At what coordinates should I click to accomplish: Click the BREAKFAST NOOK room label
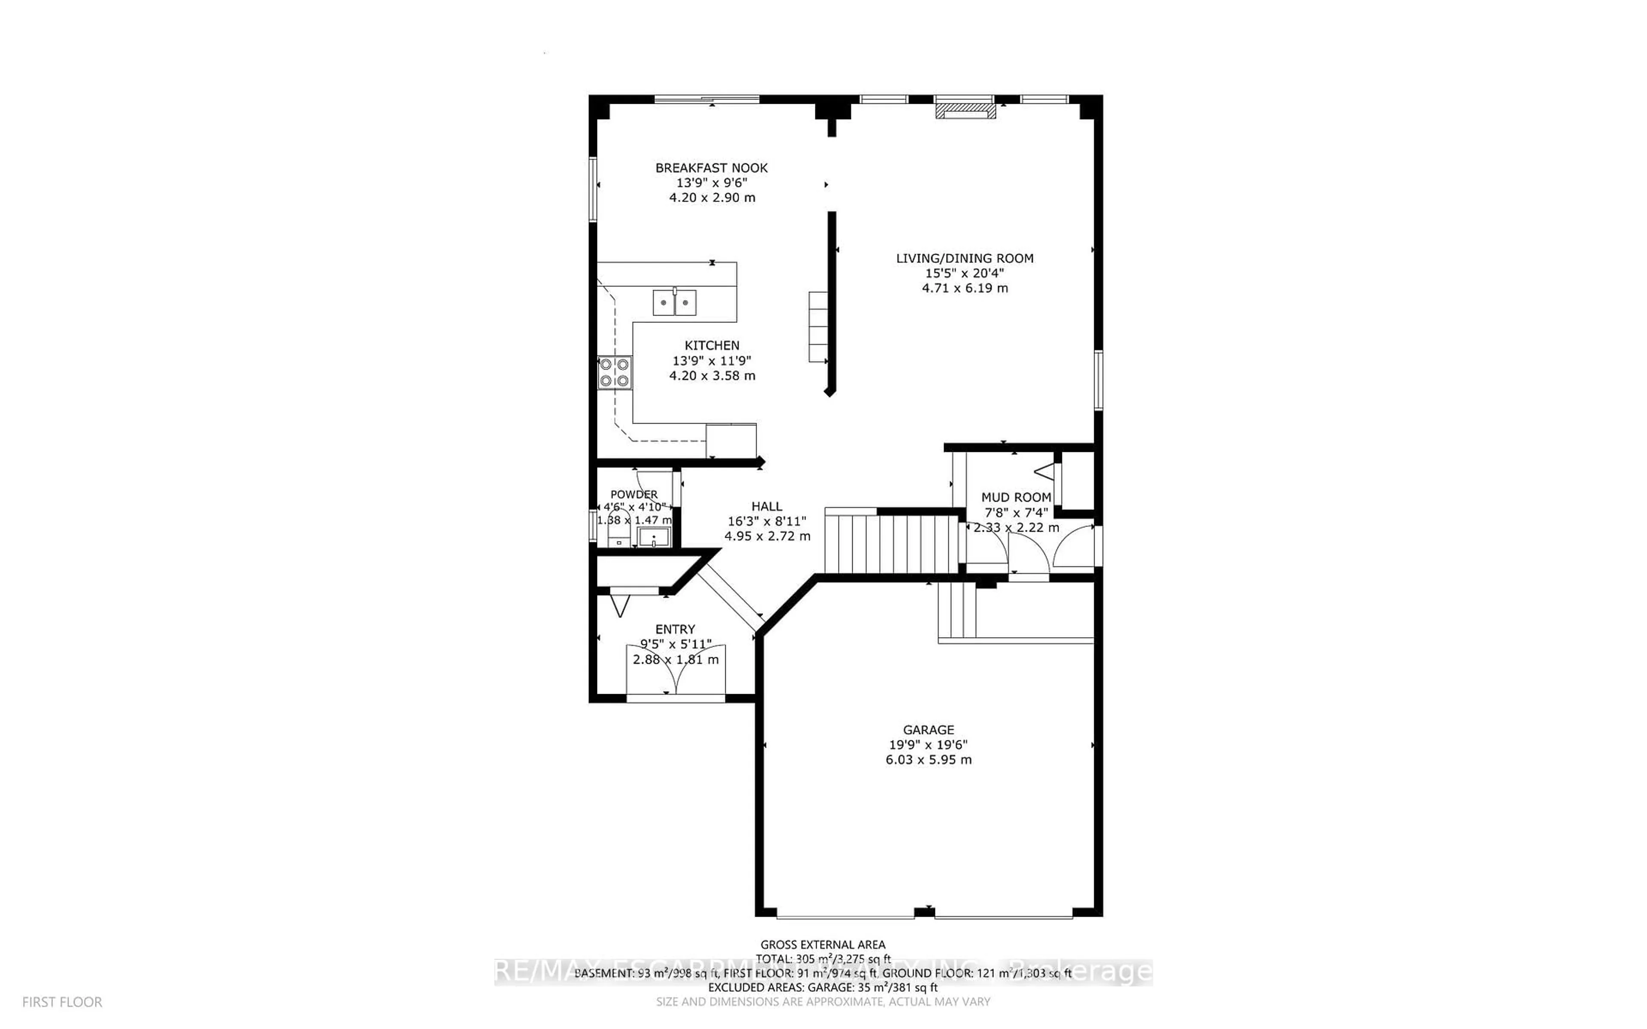click(x=711, y=167)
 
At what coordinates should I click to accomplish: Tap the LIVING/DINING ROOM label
click(x=964, y=258)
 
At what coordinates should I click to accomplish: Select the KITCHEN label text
click(x=712, y=345)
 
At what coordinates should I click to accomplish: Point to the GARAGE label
click(x=928, y=730)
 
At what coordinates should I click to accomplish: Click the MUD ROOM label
click(x=1016, y=497)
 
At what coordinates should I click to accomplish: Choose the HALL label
click(x=766, y=506)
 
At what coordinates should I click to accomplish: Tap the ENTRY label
click(x=675, y=629)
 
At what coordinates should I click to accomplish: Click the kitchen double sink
click(x=674, y=302)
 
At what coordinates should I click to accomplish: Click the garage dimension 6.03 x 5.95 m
click(x=928, y=759)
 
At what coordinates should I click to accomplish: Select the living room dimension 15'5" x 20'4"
click(x=964, y=273)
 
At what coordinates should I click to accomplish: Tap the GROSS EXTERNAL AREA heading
click(x=823, y=945)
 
